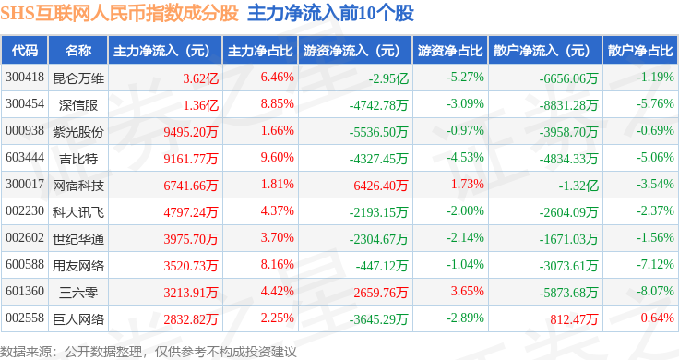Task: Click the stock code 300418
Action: [x=25, y=78]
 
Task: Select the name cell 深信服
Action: [x=78, y=105]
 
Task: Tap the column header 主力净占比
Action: [x=260, y=51]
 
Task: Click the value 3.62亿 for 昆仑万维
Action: [x=200, y=78]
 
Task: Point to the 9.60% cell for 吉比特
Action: [x=277, y=157]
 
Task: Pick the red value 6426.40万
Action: [x=381, y=186]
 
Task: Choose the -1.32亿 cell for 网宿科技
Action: [x=578, y=186]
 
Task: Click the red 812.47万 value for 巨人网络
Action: [x=574, y=319]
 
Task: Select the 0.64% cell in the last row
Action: [x=658, y=318]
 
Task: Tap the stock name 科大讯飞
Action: [x=78, y=212]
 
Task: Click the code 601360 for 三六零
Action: [x=25, y=291]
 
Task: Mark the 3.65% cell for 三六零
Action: [x=467, y=291]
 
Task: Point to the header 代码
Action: [x=25, y=51]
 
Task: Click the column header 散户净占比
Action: [x=640, y=51]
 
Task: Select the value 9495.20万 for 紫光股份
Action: [x=191, y=132]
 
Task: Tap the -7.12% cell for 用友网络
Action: [x=655, y=264]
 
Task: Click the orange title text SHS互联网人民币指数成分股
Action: [x=120, y=14]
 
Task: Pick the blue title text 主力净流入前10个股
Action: [x=331, y=14]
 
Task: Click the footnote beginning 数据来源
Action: [x=149, y=352]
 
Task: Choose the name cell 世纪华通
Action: [x=78, y=239]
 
